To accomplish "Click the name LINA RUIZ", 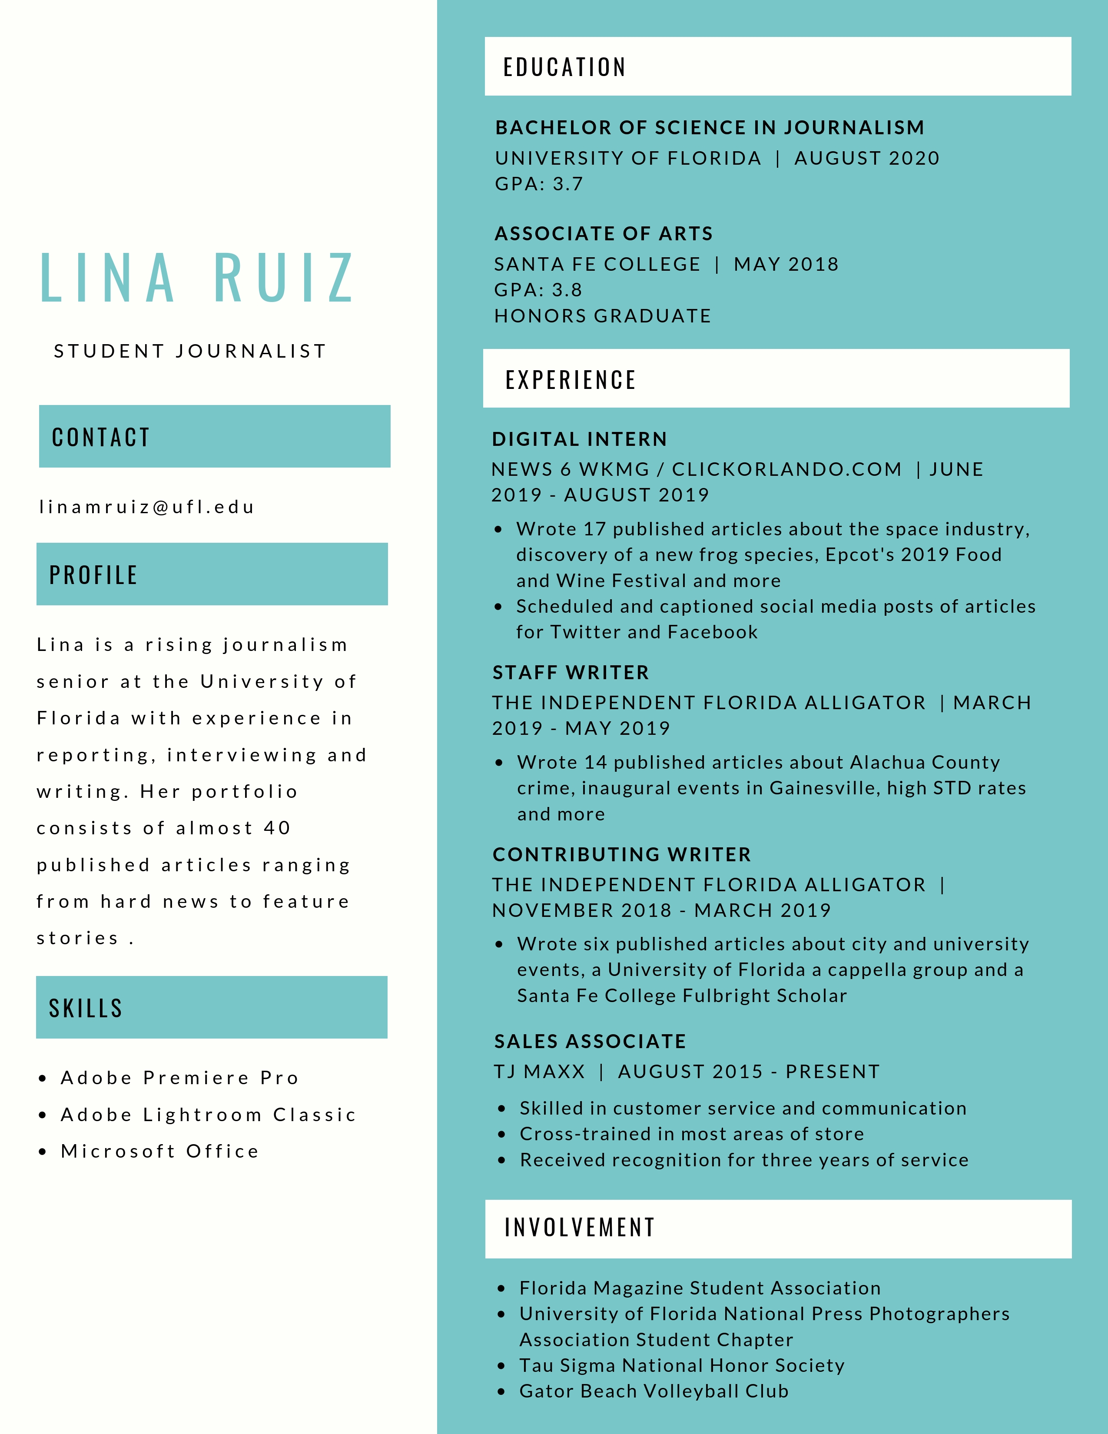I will pyautogui.click(x=197, y=279).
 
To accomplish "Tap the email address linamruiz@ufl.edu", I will pyautogui.click(x=146, y=507).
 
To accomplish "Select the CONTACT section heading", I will pyautogui.click(x=101, y=437).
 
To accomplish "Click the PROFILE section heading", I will pyautogui.click(x=93, y=575).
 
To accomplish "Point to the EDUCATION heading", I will pyautogui.click(x=564, y=67).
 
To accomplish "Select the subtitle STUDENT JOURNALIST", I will pyautogui.click(x=190, y=351).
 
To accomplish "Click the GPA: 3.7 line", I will pyautogui.click(x=539, y=184).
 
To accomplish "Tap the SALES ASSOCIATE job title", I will pyautogui.click(x=590, y=1041).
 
